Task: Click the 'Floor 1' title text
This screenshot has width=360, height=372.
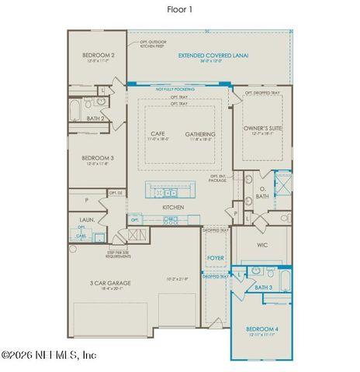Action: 180,10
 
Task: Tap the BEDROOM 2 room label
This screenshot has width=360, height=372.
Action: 99,56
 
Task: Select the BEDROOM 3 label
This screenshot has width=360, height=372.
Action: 99,158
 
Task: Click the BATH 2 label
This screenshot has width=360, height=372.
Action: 95,119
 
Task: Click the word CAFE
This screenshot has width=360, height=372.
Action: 157,134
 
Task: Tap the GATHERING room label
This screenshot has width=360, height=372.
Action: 200,134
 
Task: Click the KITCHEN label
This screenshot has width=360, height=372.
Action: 172,208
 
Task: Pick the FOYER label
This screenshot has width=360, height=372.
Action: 215,260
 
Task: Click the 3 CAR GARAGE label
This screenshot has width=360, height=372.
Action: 109,284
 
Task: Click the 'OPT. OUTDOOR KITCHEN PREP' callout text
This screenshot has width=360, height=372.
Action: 154,44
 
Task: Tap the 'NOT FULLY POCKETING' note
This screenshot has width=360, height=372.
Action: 175,89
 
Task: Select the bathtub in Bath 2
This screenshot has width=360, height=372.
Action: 74,110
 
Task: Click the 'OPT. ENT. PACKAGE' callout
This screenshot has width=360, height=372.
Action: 218,178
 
